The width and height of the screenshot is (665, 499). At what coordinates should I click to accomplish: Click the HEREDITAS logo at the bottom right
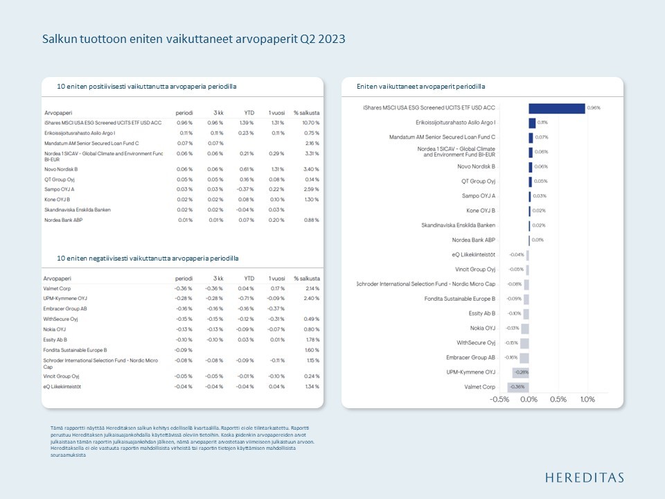585,477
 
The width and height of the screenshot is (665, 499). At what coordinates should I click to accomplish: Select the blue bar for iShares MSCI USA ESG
556,108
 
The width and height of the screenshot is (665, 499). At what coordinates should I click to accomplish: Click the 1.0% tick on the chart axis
587,400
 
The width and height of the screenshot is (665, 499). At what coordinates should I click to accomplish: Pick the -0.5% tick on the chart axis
500,400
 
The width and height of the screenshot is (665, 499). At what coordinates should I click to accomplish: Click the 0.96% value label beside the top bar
594,108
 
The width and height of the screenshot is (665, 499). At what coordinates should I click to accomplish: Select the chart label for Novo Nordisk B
477,167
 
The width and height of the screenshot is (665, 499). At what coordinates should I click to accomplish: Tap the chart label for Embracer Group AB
471,358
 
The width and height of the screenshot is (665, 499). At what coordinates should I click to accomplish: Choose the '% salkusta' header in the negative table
307,278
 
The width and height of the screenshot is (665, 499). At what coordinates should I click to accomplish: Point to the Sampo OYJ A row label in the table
60,189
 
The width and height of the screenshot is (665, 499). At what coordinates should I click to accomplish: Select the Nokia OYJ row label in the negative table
55,329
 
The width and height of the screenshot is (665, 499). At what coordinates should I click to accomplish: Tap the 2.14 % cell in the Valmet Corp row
312,288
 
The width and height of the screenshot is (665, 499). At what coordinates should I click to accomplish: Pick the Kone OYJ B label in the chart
481,211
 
